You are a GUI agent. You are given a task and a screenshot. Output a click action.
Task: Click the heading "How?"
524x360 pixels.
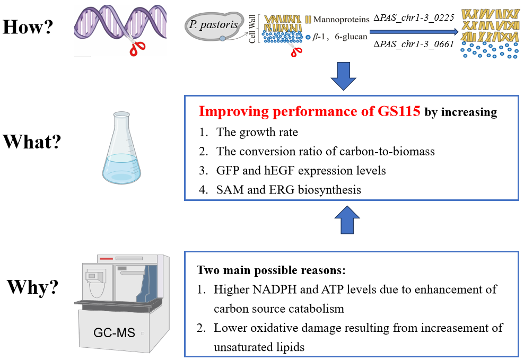tap(29, 26)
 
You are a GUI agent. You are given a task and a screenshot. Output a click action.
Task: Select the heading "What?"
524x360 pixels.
tap(32, 142)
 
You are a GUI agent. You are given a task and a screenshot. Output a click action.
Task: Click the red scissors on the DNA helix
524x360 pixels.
tap(137, 47)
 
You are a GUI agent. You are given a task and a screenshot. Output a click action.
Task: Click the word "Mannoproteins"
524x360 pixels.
tap(341, 20)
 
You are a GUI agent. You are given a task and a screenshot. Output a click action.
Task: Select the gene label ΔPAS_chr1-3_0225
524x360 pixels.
tap(414, 18)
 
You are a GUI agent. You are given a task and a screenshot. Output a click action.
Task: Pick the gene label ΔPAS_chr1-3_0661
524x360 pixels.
tap(414, 44)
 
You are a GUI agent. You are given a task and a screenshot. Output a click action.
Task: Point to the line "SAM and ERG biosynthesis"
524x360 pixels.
tap(289, 189)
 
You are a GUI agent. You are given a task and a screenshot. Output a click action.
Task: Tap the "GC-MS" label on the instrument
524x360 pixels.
tap(114, 333)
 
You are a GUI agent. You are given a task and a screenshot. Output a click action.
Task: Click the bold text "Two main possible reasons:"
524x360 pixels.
tap(272, 270)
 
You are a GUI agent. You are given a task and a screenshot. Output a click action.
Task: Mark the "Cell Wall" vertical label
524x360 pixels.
tap(252, 29)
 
